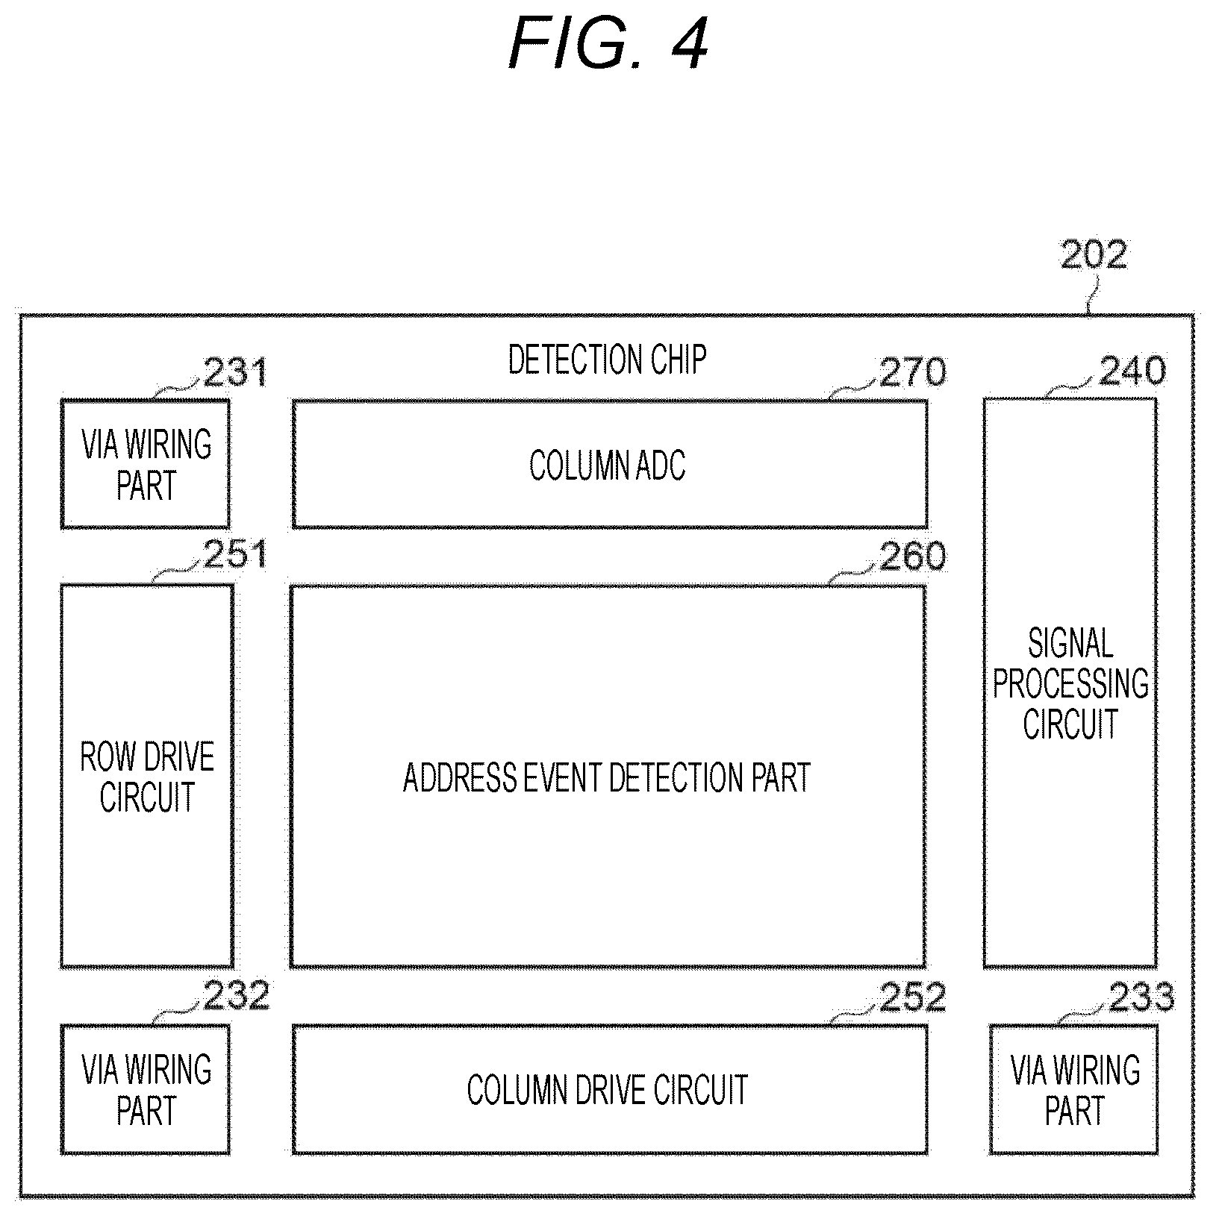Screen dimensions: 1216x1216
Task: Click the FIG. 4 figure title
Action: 608,46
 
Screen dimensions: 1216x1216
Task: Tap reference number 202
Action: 1094,256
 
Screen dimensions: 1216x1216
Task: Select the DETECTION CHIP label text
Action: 607,360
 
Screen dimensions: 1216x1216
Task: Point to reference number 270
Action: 912,372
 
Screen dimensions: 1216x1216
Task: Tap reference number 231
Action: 235,372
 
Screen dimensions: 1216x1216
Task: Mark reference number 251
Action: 235,556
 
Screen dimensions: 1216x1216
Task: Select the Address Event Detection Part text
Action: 607,777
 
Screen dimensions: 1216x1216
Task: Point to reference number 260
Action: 912,556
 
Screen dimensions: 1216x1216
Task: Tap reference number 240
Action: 1132,371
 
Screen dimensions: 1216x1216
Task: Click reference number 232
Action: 236,997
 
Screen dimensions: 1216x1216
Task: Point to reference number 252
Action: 912,997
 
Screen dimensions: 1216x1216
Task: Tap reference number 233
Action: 1141,997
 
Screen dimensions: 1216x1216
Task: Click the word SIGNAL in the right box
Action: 1070,643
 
